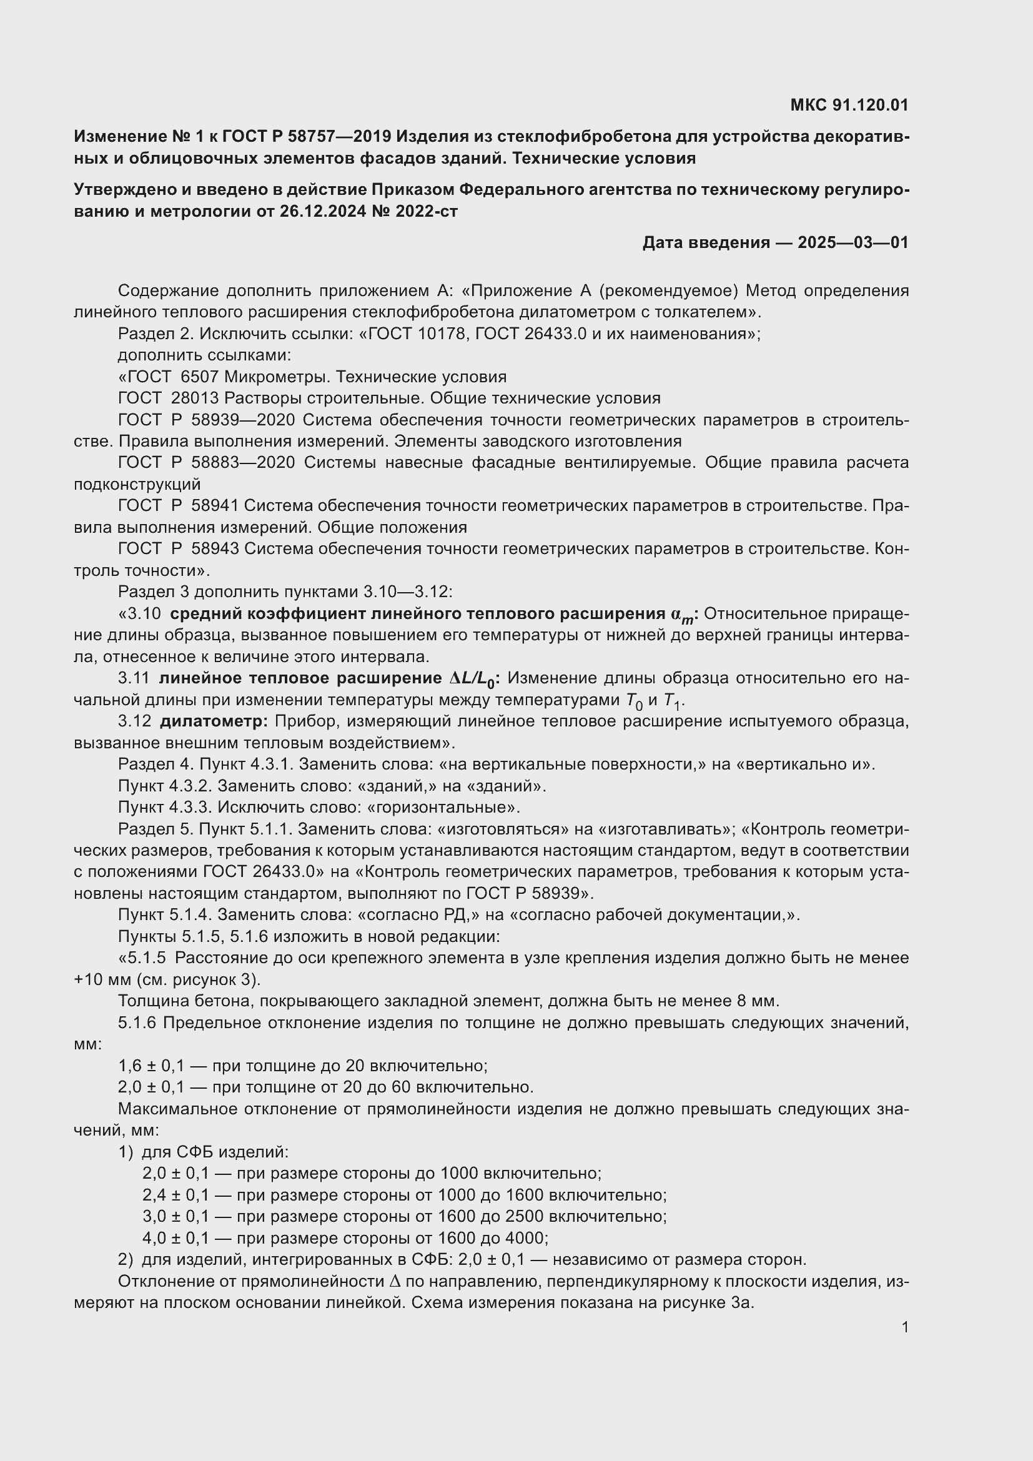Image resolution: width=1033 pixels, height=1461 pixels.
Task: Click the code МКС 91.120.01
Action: pos(849,105)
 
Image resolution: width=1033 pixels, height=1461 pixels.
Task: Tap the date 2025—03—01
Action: pos(853,242)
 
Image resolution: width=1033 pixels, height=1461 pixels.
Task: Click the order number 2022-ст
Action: pos(426,211)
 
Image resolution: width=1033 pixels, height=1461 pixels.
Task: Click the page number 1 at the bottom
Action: pos(905,1327)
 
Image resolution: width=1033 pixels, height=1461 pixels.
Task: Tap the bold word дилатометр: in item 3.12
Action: pos(214,721)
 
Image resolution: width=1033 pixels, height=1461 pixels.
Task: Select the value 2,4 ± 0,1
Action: pos(175,1195)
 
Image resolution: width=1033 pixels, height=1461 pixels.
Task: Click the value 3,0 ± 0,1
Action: pos(175,1217)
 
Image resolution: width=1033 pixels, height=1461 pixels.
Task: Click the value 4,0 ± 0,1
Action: pos(175,1238)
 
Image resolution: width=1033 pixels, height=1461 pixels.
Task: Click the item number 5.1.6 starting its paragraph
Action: pos(137,1023)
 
